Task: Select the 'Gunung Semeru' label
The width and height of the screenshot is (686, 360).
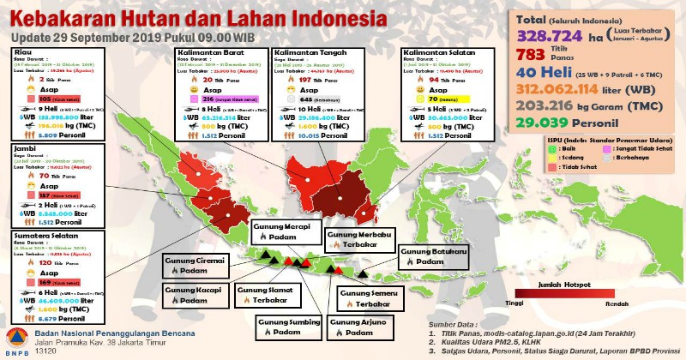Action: tap(369, 292)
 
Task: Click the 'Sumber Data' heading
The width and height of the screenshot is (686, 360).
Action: tap(454, 325)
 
